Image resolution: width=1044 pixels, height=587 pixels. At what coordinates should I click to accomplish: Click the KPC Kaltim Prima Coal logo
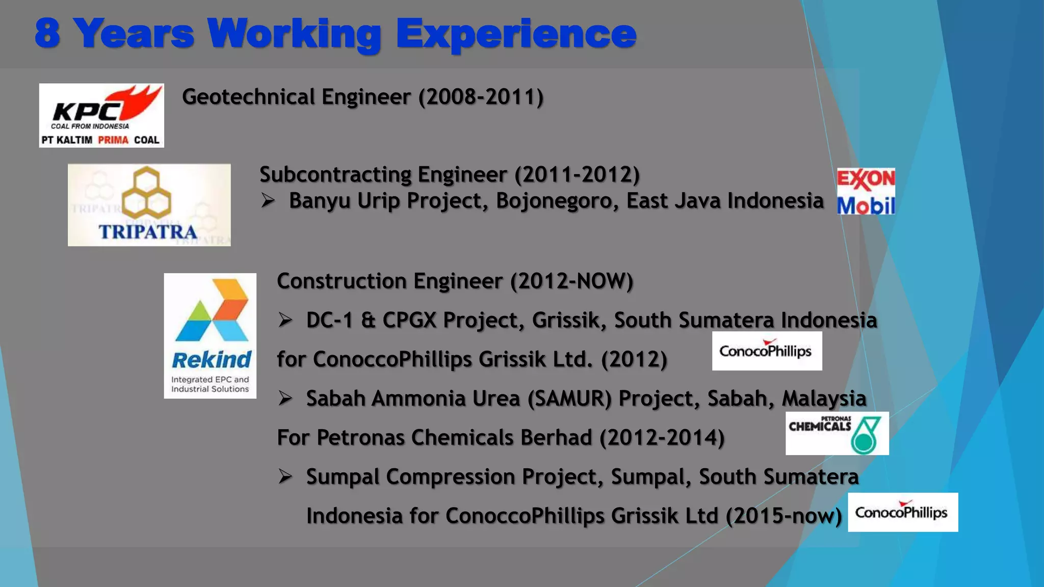pos(101,116)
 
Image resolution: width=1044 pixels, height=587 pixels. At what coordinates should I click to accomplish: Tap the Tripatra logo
pos(149,205)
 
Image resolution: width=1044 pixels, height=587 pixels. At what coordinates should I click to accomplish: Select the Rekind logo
pos(210,336)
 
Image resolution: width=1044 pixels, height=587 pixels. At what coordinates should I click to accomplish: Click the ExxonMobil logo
pos(866,192)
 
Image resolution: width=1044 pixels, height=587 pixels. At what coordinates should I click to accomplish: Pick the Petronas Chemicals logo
pos(837,434)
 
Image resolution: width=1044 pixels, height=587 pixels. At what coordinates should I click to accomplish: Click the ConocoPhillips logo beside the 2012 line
pos(767,351)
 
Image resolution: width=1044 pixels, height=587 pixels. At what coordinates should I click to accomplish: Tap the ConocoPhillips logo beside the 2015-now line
pos(903,512)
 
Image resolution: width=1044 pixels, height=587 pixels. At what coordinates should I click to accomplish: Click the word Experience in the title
pos(516,34)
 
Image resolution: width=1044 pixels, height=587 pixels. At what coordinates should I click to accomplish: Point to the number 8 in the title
pos(47,34)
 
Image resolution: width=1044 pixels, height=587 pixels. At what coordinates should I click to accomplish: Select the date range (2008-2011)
pos(481,97)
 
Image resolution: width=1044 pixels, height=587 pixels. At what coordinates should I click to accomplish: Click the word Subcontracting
pos(335,175)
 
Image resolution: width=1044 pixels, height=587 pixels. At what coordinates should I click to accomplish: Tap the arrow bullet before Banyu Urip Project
pos(268,200)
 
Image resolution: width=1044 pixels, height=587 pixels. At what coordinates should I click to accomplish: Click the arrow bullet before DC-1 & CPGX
pos(285,320)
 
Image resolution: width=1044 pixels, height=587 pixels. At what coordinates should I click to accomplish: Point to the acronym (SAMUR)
pos(569,398)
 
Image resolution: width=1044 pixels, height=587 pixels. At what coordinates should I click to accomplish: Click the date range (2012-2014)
pos(662,438)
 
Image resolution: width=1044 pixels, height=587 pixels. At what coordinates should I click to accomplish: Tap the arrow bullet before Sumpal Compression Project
pos(285,477)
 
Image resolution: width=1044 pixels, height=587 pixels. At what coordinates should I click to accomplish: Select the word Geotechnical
pos(248,97)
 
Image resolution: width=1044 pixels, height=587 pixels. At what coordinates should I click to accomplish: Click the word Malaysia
pos(824,398)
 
